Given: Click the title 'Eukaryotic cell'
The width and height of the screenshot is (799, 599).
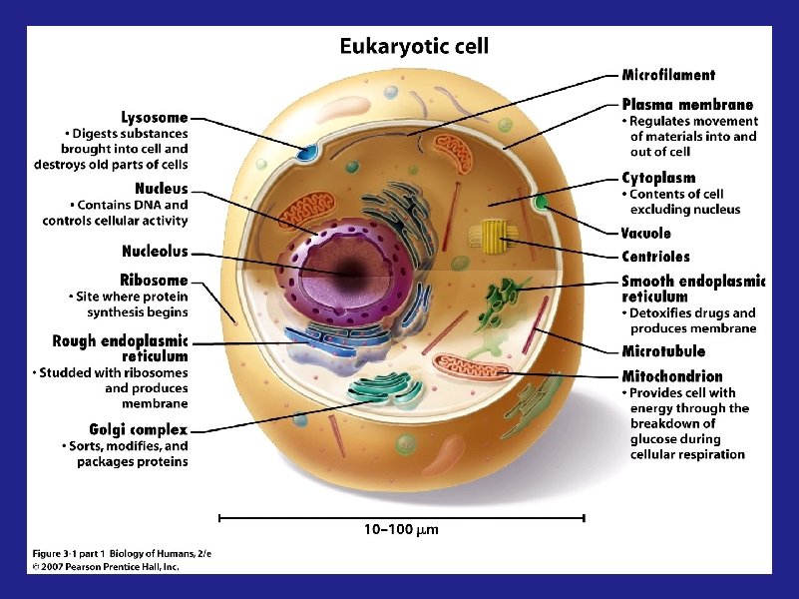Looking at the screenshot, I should pyautogui.click(x=414, y=46).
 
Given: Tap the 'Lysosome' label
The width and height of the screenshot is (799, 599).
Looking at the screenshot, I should pyautogui.click(x=154, y=118).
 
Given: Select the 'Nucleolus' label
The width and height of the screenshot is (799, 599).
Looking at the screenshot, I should pyautogui.click(x=155, y=252).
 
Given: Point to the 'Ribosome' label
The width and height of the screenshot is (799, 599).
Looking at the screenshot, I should pyautogui.click(x=154, y=281).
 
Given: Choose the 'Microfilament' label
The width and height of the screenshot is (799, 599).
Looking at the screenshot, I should pyautogui.click(x=668, y=74).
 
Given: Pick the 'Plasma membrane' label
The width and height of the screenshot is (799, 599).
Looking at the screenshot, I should pyautogui.click(x=687, y=104).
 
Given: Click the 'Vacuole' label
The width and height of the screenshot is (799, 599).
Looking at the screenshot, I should pyautogui.click(x=646, y=234).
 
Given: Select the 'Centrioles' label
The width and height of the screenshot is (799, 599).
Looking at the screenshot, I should pyautogui.click(x=655, y=256).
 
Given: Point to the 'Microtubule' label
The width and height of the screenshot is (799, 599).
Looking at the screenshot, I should pyautogui.click(x=663, y=351).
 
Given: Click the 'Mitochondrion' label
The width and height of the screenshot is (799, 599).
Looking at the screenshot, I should pyautogui.click(x=672, y=376).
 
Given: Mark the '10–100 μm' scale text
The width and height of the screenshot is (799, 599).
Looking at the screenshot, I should pyautogui.click(x=401, y=528).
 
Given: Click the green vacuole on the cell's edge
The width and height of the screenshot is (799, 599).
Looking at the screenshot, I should pyautogui.click(x=542, y=203).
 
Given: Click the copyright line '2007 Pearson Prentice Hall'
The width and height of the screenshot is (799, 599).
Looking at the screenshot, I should pyautogui.click(x=105, y=566).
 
